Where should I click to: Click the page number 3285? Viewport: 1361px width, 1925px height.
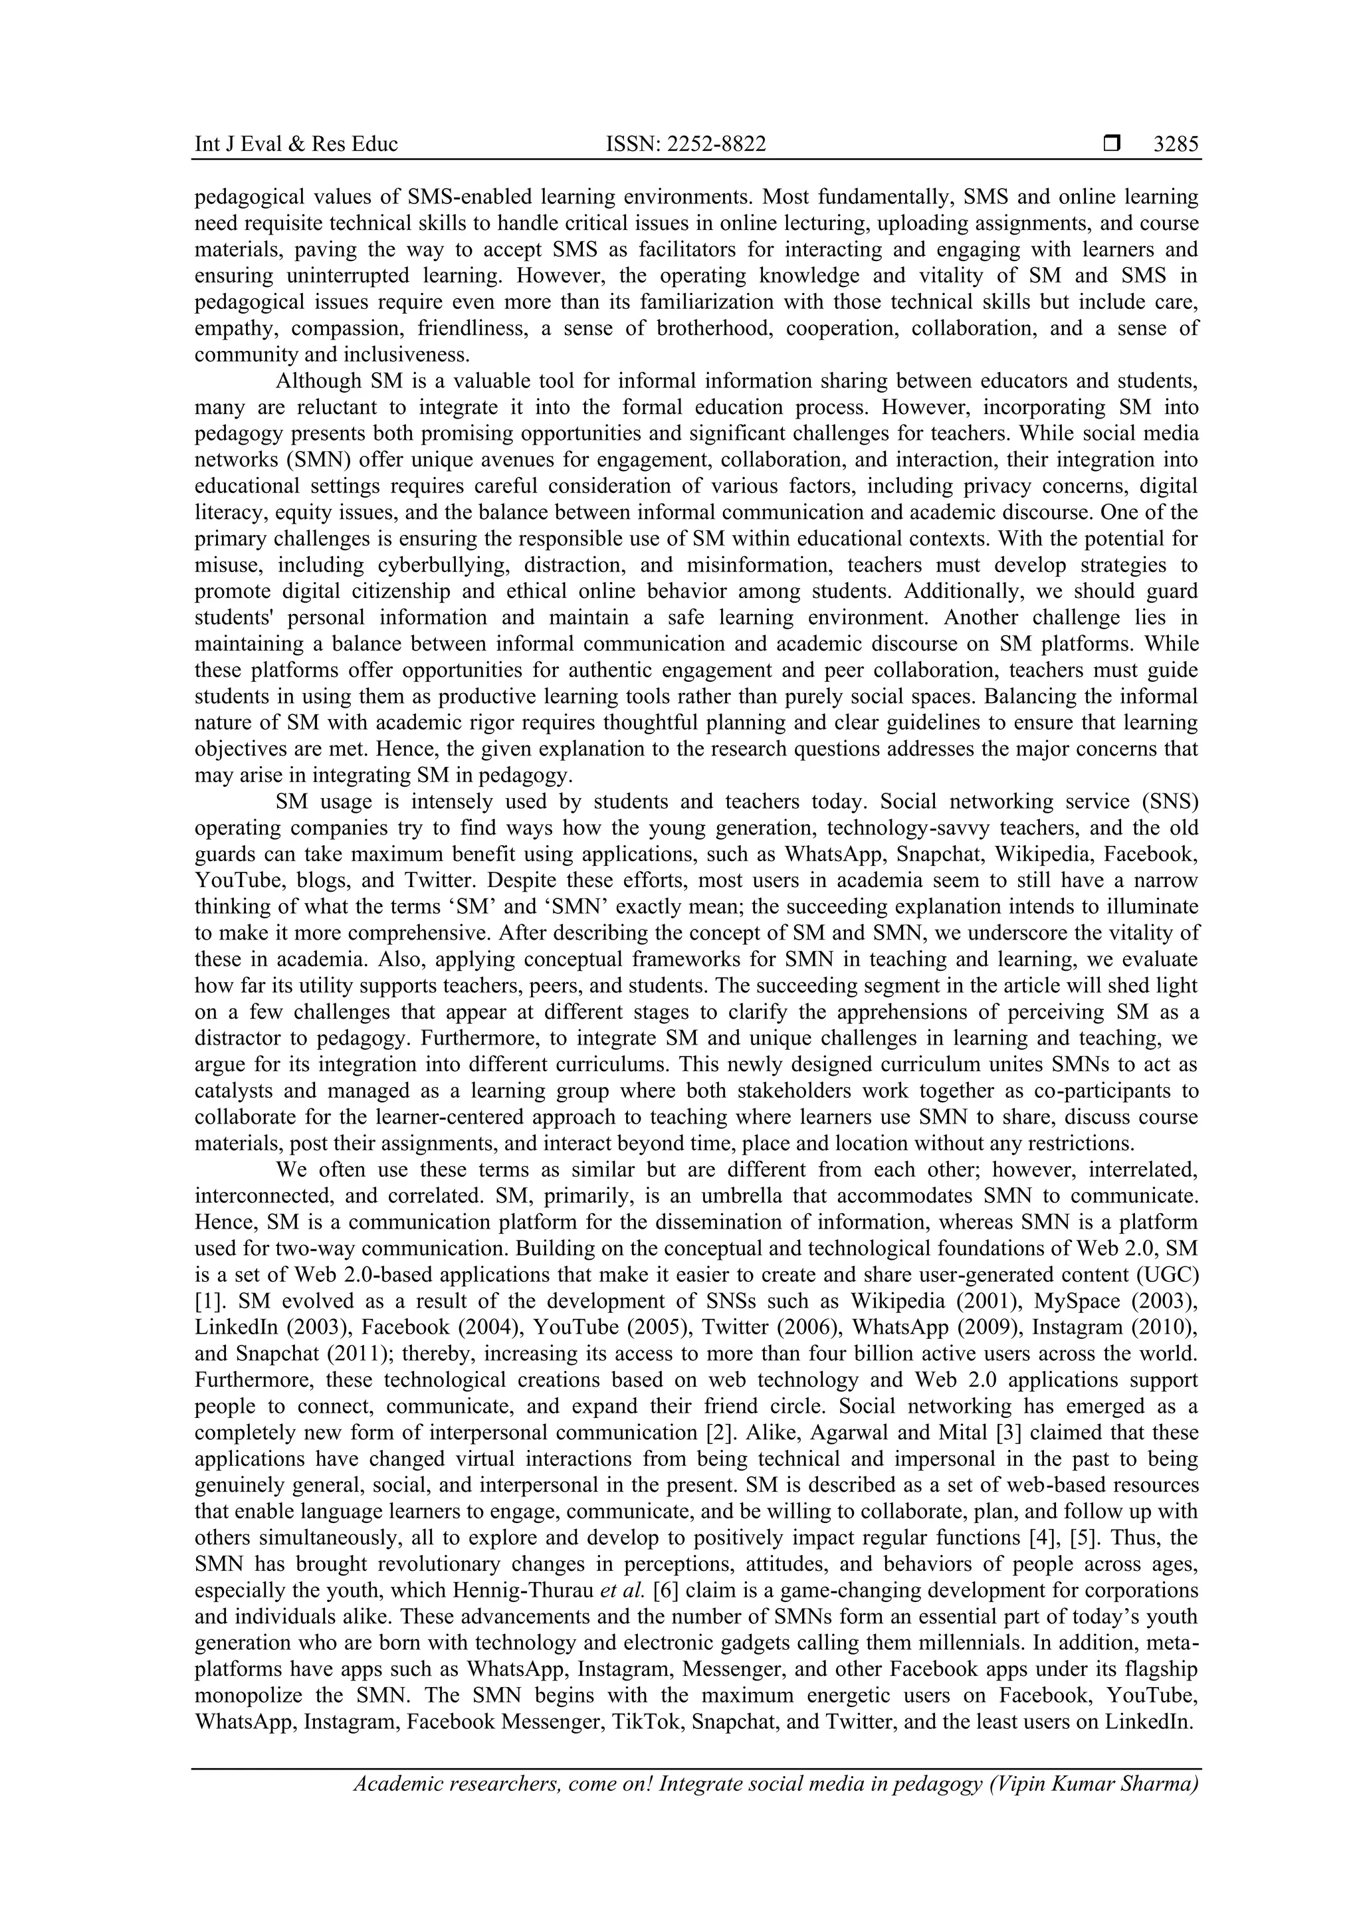[x=1175, y=144]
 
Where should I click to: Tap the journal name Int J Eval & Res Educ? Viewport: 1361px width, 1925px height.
[x=296, y=144]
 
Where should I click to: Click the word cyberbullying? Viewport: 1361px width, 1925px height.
[x=438, y=565]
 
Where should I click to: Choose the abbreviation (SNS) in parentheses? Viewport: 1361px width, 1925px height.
[x=1168, y=801]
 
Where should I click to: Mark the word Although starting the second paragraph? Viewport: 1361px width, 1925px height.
[x=319, y=381]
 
